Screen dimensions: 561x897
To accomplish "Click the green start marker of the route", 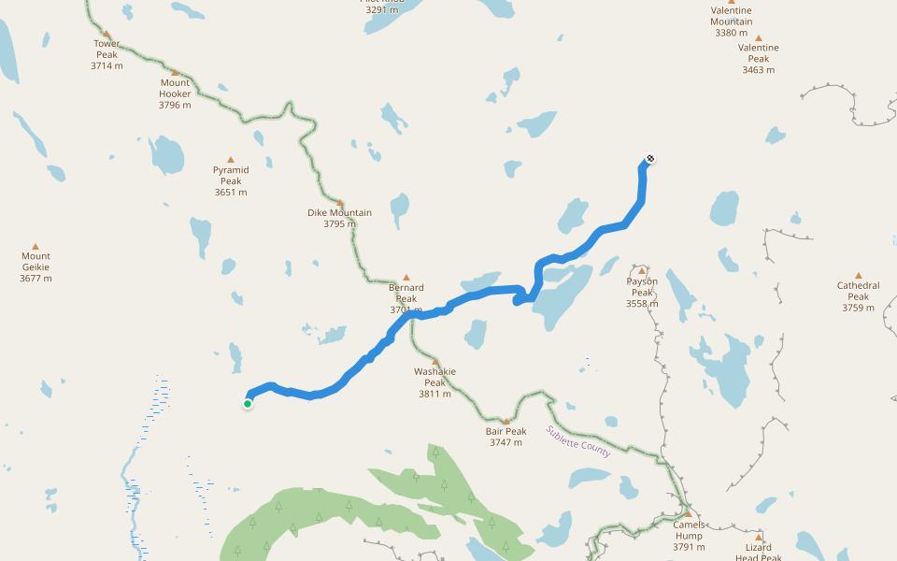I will (x=248, y=404).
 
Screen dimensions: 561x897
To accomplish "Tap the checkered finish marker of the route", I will (x=649, y=159).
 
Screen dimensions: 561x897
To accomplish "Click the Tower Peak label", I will (x=107, y=49).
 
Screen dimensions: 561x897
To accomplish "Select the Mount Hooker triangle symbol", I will (x=175, y=72).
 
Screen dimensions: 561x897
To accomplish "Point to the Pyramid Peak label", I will (x=231, y=175).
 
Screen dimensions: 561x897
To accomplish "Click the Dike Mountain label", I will (x=339, y=212).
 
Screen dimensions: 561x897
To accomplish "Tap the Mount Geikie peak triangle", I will (x=36, y=247).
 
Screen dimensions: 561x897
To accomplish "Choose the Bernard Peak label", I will (x=406, y=293).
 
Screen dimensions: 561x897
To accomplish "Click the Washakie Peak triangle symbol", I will (x=434, y=362).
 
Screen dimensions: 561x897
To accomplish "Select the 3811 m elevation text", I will (x=434, y=394).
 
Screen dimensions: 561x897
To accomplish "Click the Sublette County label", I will (x=578, y=441).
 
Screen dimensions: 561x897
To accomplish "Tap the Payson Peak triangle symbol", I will (x=642, y=271).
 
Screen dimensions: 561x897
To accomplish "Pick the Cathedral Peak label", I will (x=858, y=291).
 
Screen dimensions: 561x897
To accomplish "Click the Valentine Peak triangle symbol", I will (x=758, y=38).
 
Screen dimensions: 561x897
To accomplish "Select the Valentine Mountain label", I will (x=732, y=16).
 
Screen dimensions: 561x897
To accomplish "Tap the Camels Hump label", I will (x=689, y=530).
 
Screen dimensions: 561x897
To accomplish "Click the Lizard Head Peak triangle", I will (x=759, y=538).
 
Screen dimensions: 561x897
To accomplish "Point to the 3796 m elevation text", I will (x=175, y=105).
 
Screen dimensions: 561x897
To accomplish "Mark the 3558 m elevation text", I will (x=642, y=303).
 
